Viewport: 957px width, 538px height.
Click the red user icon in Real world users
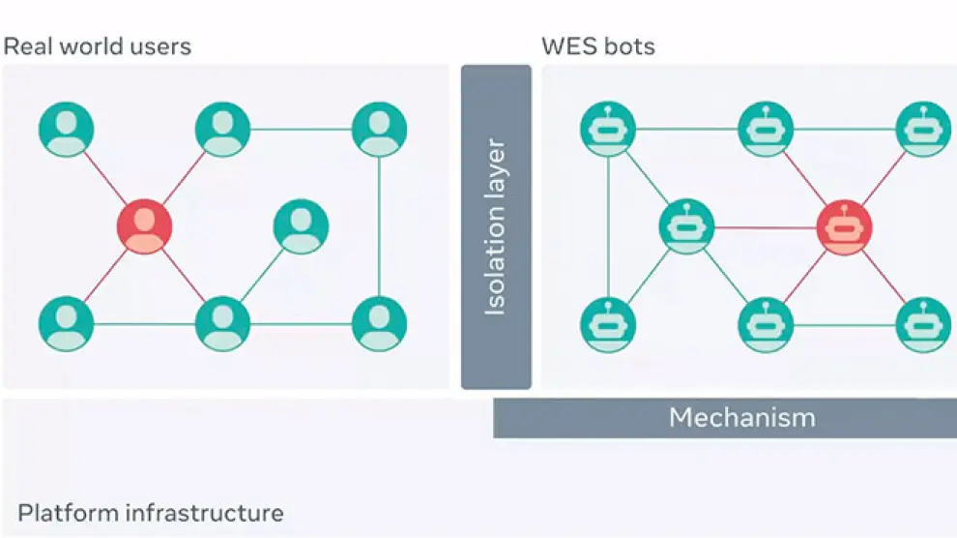pos(145,226)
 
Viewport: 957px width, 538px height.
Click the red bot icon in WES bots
pos(844,228)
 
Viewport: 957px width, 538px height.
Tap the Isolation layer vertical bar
pos(496,226)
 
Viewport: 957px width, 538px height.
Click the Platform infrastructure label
pos(151,513)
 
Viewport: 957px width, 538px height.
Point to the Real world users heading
pos(98,45)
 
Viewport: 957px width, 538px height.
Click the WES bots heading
pos(598,45)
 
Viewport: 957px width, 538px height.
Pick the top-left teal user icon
pos(67,129)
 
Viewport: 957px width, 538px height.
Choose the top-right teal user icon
pos(379,129)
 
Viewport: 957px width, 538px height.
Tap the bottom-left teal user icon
pos(67,323)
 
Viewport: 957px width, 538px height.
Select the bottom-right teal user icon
pos(379,323)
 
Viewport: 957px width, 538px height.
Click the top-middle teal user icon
pos(222,129)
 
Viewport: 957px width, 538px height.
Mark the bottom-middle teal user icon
pos(222,323)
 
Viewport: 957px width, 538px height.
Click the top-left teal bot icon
pos(608,129)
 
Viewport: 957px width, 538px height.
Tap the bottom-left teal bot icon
pos(608,325)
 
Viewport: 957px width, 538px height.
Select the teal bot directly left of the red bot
pos(686,227)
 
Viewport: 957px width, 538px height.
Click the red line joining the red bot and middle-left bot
pos(766,228)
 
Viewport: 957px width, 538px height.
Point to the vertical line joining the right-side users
pos(379,226)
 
